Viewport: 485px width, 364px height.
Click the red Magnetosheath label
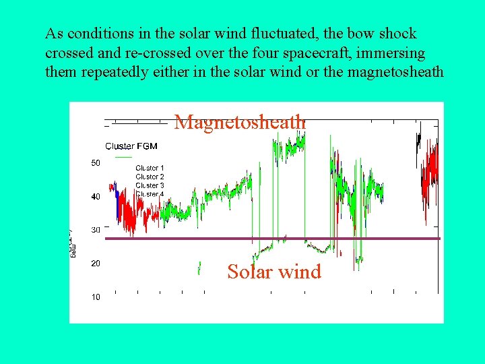tap(240, 122)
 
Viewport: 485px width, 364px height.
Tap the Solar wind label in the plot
tap(274, 272)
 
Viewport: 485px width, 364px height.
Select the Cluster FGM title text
tap(132, 146)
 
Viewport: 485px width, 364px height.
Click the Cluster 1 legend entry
tap(150, 168)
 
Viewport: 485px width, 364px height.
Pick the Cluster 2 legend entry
tap(150, 177)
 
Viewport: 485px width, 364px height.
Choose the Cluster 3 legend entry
tap(150, 185)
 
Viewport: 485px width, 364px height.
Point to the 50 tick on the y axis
tap(96, 162)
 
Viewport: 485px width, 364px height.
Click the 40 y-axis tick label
tap(96, 196)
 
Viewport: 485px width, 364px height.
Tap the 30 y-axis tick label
tap(96, 230)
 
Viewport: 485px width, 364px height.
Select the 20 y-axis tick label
tap(96, 264)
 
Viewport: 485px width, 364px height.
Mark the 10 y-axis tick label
tap(96, 297)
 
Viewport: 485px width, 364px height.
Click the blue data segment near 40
tap(118, 204)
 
